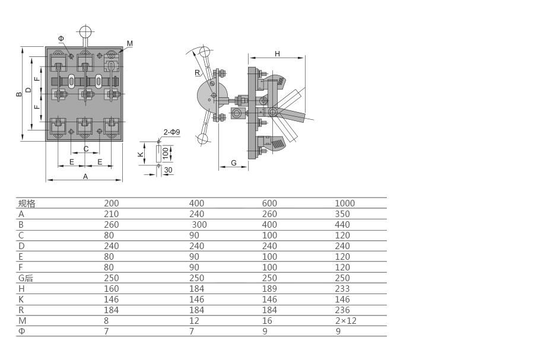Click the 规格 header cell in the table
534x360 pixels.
(x=27, y=203)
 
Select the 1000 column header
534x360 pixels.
(x=345, y=203)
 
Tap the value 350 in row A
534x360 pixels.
(x=342, y=214)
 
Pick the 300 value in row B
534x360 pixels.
(x=199, y=225)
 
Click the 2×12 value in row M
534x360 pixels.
(x=345, y=321)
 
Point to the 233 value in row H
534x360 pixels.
(x=342, y=289)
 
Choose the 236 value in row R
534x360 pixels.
(x=342, y=310)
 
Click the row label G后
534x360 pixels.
(x=26, y=278)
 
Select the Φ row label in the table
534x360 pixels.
(x=22, y=332)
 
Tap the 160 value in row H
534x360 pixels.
(x=112, y=289)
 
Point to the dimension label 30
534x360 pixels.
(x=169, y=170)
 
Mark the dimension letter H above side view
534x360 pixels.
(x=277, y=54)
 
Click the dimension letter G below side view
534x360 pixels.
(x=233, y=163)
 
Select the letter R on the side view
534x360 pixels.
(x=197, y=73)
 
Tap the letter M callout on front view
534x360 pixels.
(x=129, y=43)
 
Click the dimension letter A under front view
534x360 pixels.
(x=85, y=177)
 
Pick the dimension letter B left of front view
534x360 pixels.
(x=20, y=93)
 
